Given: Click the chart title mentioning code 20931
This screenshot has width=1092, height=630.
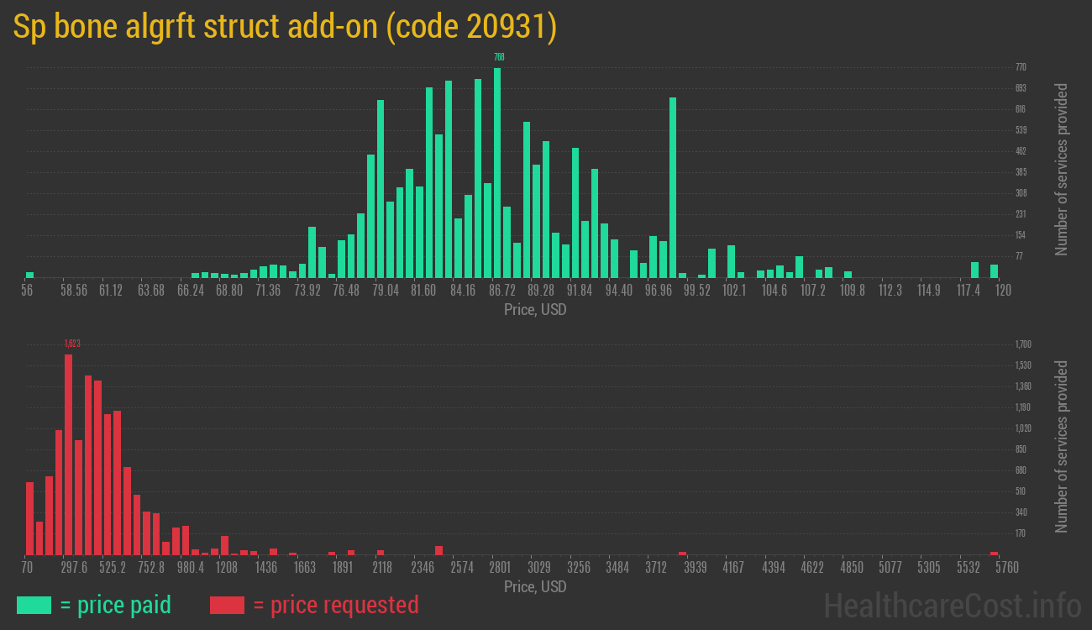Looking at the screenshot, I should tap(285, 27).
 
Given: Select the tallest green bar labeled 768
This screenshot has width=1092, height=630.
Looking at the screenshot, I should tap(497, 172).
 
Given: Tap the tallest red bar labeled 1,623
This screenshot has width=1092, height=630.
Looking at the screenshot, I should tap(68, 454).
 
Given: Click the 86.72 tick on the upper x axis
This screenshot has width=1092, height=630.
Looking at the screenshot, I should tap(502, 291).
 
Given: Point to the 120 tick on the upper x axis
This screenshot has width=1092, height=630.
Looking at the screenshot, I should tap(1003, 291).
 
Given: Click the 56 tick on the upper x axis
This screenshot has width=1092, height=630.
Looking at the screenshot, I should tap(27, 291).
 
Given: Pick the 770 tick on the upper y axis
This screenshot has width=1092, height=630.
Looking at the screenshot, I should tap(1021, 67).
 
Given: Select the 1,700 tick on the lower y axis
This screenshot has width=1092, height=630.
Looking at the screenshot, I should tap(1023, 344).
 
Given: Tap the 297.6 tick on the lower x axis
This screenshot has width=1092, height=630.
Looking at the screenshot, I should tap(74, 568).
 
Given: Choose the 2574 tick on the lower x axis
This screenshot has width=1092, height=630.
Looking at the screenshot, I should tap(461, 568).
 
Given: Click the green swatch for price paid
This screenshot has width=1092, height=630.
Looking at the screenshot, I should tap(34, 605).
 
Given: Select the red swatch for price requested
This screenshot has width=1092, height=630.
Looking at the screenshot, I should tap(227, 605).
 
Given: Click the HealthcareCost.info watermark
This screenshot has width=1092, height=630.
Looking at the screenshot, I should tap(952, 605).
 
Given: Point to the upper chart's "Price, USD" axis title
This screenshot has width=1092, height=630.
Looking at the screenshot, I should tap(535, 309).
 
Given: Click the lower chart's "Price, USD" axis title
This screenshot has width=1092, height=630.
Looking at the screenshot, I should tap(535, 586).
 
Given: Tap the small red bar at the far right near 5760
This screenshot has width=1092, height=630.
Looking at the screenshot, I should tap(994, 553).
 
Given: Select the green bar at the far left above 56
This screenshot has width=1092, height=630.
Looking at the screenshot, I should tap(29, 274).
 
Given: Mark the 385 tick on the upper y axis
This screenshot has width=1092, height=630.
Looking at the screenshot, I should tap(1021, 172).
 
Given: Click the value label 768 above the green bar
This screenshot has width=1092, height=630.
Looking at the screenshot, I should tap(499, 57).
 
